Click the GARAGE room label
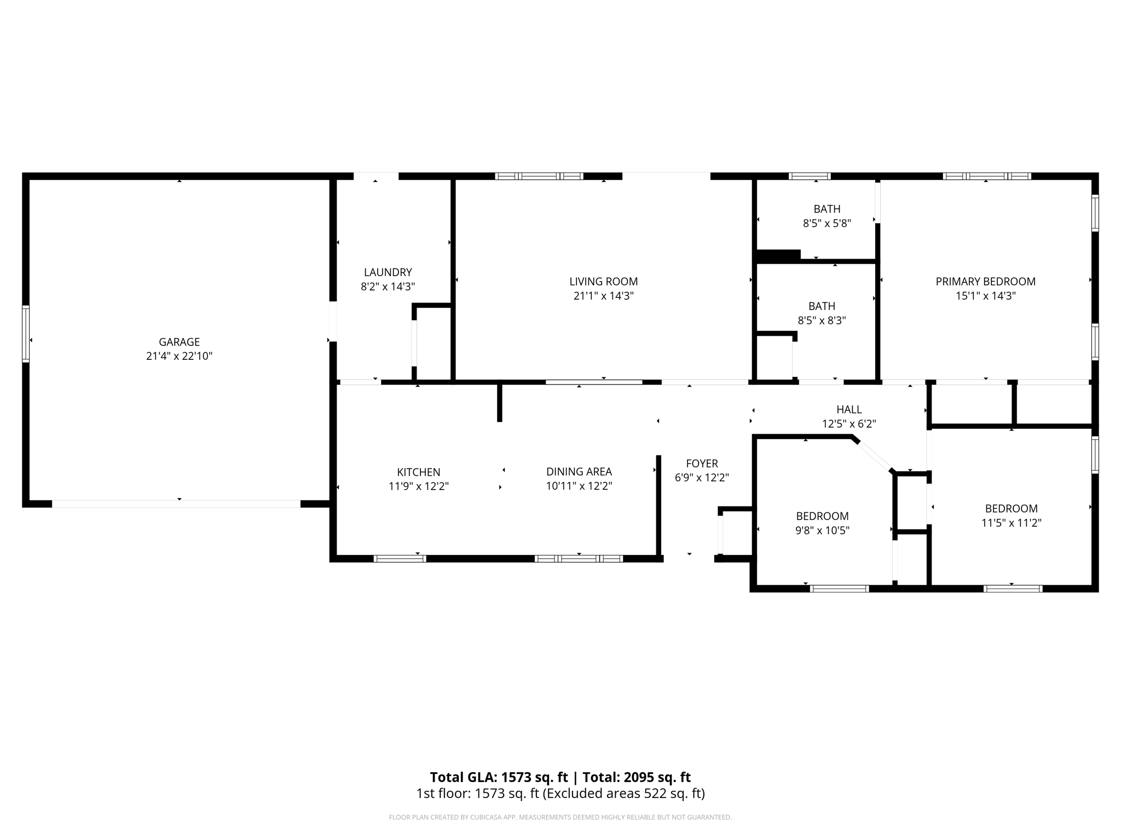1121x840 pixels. (x=179, y=342)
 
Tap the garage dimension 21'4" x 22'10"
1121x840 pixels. (x=179, y=356)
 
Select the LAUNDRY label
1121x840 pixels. (x=388, y=272)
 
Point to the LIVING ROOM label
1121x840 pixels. (x=603, y=282)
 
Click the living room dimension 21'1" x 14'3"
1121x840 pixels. (x=603, y=296)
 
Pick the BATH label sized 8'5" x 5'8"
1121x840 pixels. (x=827, y=209)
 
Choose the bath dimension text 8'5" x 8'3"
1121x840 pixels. (x=822, y=320)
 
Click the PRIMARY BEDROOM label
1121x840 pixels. (x=985, y=282)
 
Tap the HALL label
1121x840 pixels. (x=849, y=410)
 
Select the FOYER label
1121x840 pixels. (x=702, y=464)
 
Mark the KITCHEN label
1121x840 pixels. (x=418, y=472)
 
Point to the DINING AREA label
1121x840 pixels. (x=579, y=471)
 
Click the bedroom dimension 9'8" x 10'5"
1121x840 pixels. (x=822, y=530)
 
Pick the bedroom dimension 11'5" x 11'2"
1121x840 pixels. (x=1011, y=523)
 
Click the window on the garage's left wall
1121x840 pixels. (x=26, y=334)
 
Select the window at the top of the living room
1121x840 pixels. (x=539, y=176)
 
